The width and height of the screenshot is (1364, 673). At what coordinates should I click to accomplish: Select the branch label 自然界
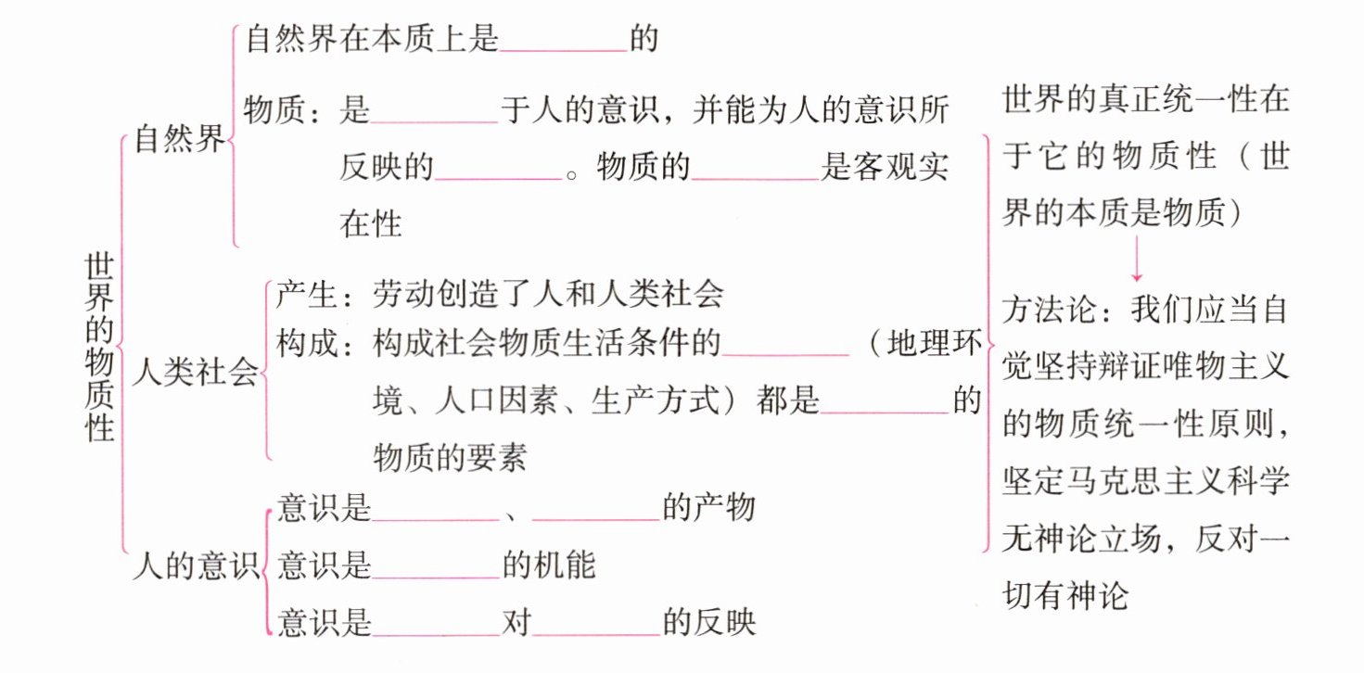179,141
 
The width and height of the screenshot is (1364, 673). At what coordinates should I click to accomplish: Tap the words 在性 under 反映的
371,223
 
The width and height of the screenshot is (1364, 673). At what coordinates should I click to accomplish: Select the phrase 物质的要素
450,456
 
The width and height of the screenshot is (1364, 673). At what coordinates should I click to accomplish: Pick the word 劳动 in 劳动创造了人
402,295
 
